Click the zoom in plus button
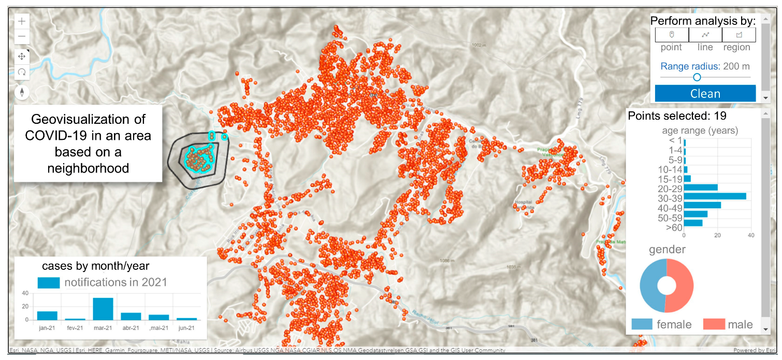(22, 22)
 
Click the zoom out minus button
(22, 37)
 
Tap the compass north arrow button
(22, 93)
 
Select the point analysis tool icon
(672, 35)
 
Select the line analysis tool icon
(705, 35)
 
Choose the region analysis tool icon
(739, 35)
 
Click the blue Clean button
(705, 94)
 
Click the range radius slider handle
(697, 77)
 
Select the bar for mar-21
(103, 309)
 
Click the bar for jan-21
(47, 315)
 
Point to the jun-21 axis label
(187, 327)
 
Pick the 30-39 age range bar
(715, 196)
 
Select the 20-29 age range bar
(701, 187)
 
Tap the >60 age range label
(674, 227)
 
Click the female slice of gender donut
(650, 286)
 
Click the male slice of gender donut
(683, 286)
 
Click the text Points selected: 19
(677, 116)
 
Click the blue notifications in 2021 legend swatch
(49, 283)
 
